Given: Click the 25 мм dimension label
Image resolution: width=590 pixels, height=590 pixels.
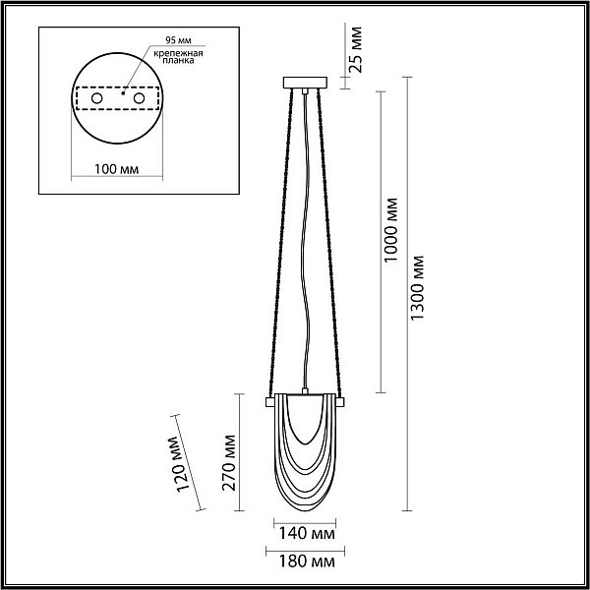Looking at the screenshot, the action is point(355,49).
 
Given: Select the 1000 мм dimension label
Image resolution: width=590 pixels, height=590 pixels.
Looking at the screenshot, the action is point(391,230).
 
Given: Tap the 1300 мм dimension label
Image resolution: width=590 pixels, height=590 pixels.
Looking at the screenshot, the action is point(417,288).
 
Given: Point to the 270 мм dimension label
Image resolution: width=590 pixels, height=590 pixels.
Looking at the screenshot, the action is point(229,463).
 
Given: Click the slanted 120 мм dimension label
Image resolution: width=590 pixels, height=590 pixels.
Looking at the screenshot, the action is point(178,464).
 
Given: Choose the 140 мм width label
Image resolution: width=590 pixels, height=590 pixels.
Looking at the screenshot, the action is point(306,533).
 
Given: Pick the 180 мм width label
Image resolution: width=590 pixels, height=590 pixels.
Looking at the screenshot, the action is point(306,561).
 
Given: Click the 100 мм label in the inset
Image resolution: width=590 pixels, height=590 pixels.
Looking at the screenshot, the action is point(116,169).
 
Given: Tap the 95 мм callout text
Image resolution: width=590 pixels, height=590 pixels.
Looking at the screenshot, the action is point(178,40).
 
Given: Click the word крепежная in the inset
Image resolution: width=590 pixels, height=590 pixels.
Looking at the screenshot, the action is point(178,53).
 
